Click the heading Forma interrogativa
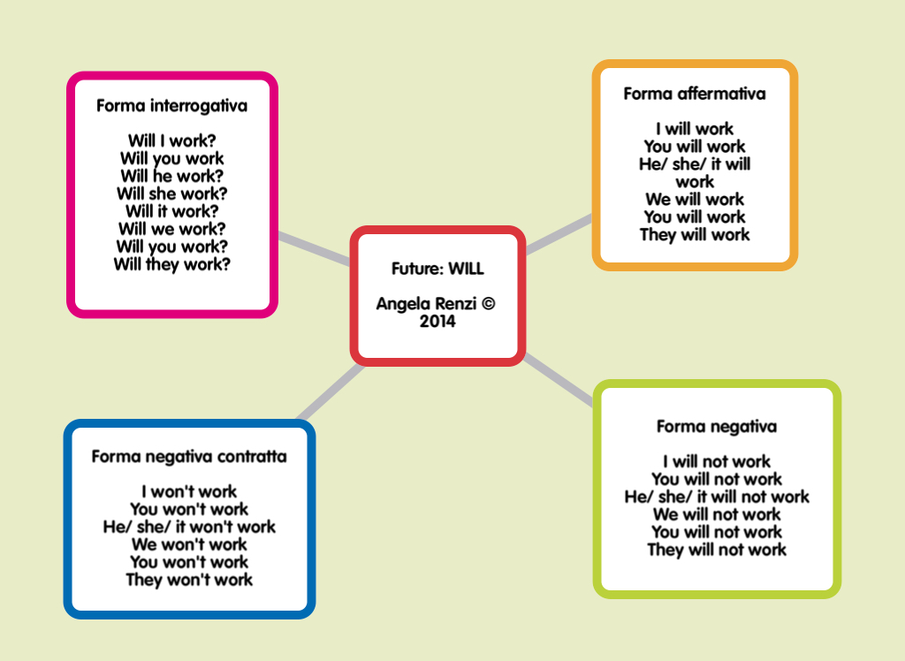[x=171, y=106]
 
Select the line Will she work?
[x=171, y=194]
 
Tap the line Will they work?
[x=171, y=264]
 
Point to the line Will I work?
[x=171, y=141]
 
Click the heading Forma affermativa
[x=694, y=94]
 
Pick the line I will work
[x=694, y=129]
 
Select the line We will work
[x=694, y=200]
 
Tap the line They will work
[x=694, y=235]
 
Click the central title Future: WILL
[x=437, y=269]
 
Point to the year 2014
[x=437, y=322]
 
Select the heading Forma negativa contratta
[x=189, y=457]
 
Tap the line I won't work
[x=189, y=492]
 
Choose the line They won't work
[x=189, y=581]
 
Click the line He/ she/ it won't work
[x=189, y=528]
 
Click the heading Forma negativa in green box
[x=716, y=427]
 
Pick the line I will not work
[x=716, y=462]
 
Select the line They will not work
[x=716, y=551]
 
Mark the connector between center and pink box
[x=315, y=249]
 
